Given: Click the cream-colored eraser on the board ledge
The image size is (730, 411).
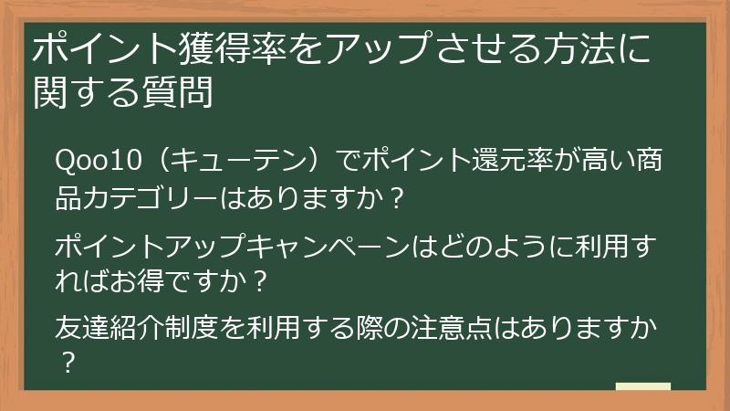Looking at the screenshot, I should click(x=643, y=387).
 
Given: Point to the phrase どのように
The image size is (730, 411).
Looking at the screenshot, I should click(x=487, y=246).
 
